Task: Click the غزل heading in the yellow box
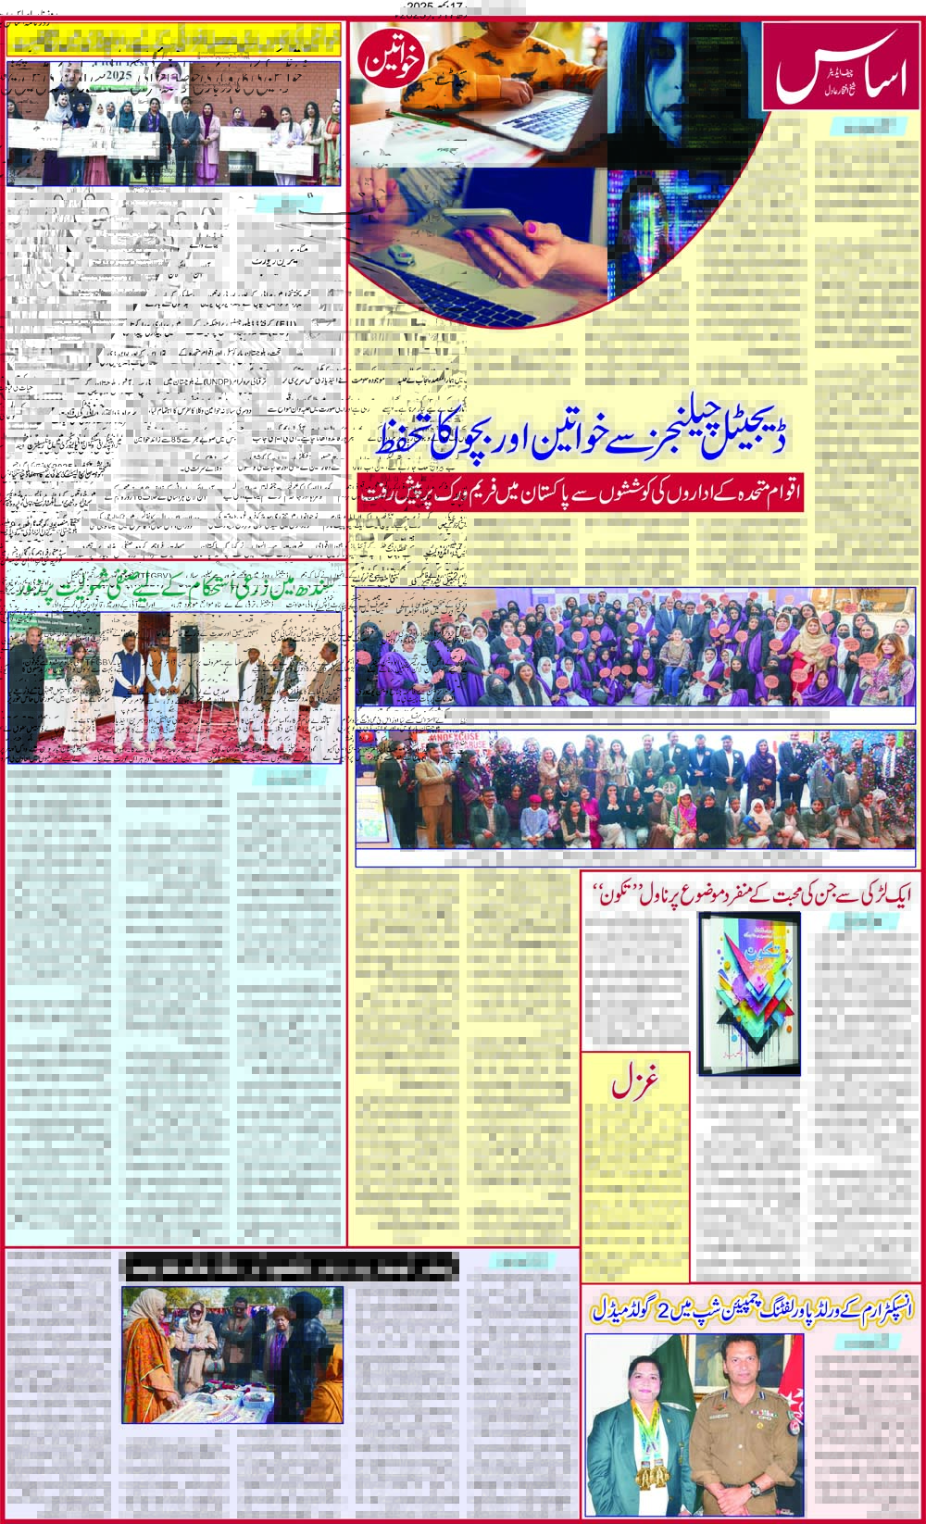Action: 635,1084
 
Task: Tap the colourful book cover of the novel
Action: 748,992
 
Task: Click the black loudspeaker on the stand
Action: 189,638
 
